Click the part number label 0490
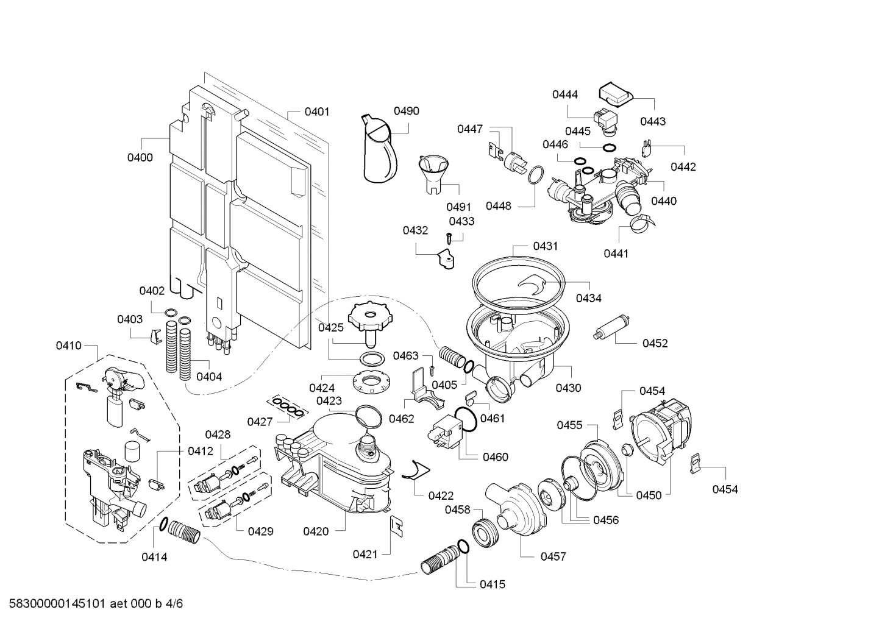coord(406,111)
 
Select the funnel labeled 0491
coord(433,172)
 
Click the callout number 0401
coord(317,112)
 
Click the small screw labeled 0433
coord(450,238)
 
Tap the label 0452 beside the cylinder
coord(655,343)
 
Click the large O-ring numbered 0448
coord(535,174)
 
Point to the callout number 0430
coord(568,388)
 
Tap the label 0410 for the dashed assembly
coord(68,346)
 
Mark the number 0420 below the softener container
coord(316,531)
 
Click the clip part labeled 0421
coord(396,525)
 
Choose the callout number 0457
coord(553,556)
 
